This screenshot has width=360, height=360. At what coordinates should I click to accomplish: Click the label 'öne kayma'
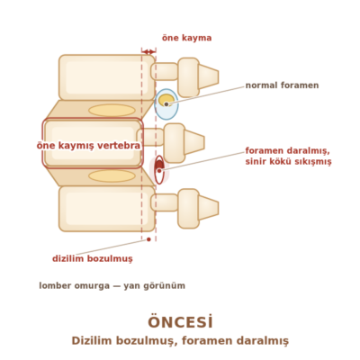(186, 38)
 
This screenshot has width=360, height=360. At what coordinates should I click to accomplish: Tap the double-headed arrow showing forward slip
(148, 52)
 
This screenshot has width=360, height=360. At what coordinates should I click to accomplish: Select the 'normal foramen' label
(282, 85)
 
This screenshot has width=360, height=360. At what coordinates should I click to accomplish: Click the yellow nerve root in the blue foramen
(166, 101)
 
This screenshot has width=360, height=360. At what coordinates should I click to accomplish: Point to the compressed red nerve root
(159, 166)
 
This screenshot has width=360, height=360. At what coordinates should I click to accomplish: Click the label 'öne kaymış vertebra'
(88, 146)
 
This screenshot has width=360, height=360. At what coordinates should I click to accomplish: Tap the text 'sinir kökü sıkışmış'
(288, 162)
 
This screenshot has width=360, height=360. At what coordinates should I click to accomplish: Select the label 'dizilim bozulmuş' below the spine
(93, 258)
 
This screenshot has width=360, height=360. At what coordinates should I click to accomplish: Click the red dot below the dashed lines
(148, 239)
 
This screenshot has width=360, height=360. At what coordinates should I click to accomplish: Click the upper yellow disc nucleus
(112, 111)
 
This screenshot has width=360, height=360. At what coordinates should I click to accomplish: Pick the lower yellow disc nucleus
(112, 176)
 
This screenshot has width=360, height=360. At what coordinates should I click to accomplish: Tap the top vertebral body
(107, 77)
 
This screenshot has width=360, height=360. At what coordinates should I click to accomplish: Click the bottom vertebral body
(107, 209)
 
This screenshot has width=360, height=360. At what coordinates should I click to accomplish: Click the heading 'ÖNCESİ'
(180, 322)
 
